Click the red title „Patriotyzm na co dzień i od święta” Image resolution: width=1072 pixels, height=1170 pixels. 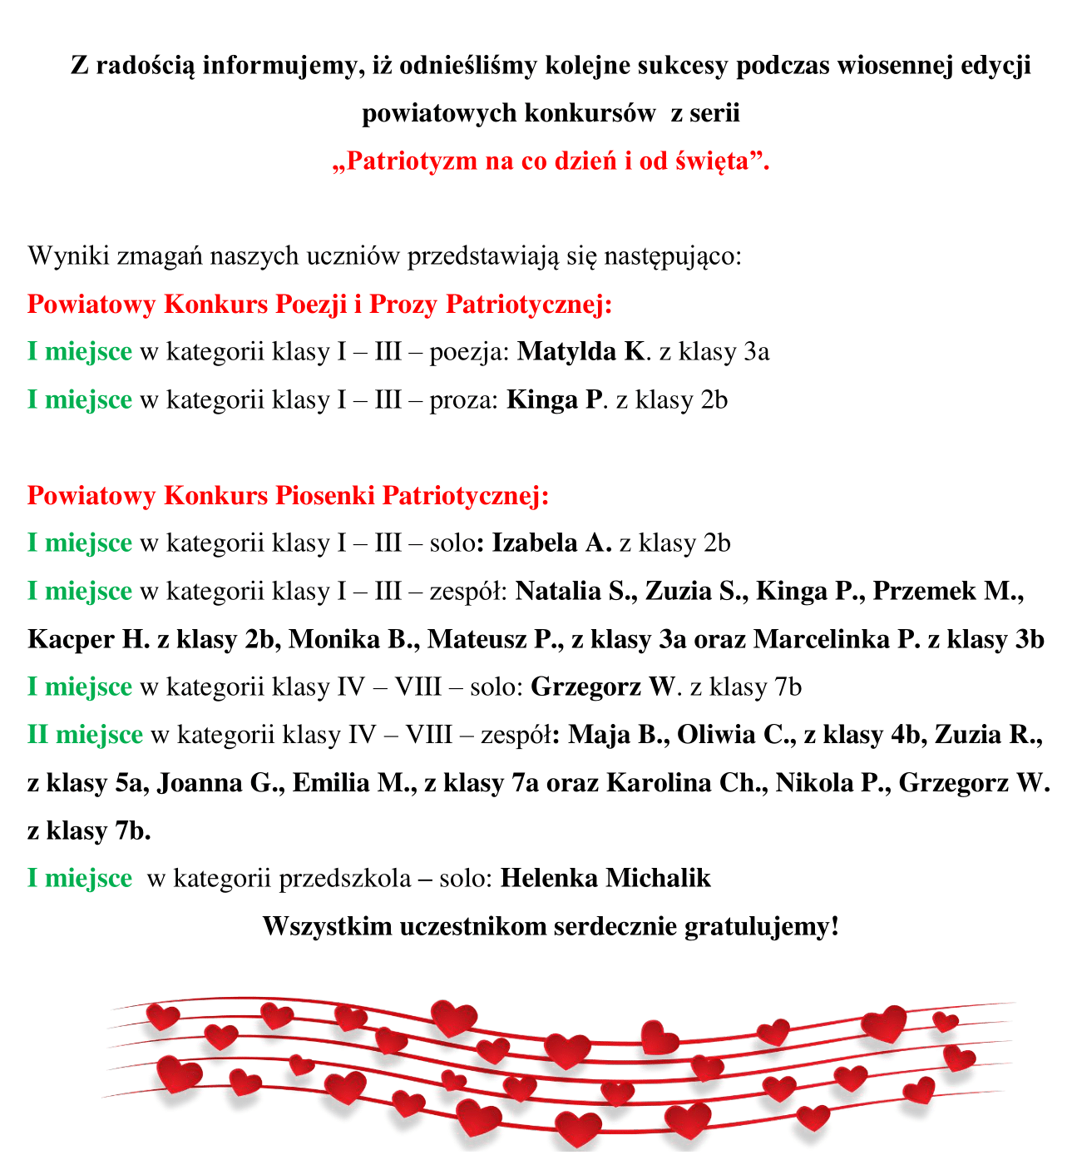point(551,161)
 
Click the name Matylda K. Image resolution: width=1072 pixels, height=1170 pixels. point(580,352)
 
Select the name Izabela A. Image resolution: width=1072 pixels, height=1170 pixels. point(551,543)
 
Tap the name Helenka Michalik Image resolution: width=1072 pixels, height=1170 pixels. point(605,878)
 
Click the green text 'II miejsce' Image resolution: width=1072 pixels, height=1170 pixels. point(85,736)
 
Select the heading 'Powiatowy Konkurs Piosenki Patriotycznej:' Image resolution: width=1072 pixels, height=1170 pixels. point(288,496)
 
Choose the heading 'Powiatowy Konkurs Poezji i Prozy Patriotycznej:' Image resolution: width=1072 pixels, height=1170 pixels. point(319,305)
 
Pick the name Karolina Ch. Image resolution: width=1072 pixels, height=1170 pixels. point(687,784)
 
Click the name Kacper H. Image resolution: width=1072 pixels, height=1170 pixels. point(88,640)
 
